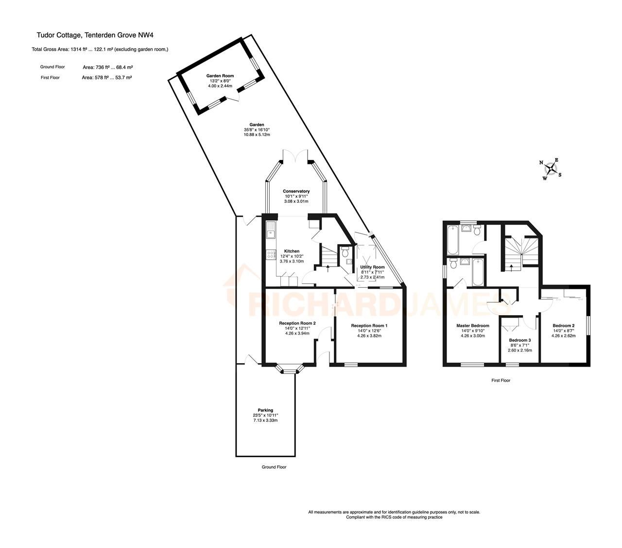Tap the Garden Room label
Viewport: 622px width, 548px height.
coord(220,76)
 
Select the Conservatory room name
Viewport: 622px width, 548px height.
coord(296,191)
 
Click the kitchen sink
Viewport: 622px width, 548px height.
coord(271,230)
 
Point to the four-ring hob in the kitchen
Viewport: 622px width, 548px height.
coord(270,254)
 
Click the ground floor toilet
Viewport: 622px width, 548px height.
coord(345,251)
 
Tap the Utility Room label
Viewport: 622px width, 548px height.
coord(372,267)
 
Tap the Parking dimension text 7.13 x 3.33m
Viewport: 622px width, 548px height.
coord(265,420)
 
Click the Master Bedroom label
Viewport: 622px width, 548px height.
coord(472,325)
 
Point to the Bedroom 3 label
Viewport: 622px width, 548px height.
coord(520,340)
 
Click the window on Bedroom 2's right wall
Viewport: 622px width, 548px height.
coord(588,325)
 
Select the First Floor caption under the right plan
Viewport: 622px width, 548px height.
coord(501,380)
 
